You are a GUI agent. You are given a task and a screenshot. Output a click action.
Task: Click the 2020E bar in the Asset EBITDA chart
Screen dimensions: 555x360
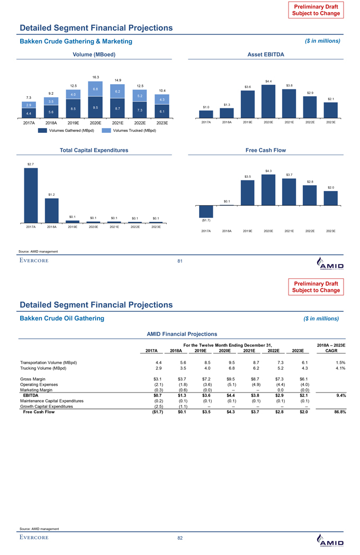[x=268, y=100]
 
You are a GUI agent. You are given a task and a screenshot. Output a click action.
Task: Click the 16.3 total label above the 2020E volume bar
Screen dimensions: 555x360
[x=96, y=77]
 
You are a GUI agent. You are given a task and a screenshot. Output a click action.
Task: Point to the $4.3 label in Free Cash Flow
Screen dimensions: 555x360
[x=268, y=170]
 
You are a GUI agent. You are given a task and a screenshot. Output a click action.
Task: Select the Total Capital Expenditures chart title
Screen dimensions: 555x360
[x=95, y=150]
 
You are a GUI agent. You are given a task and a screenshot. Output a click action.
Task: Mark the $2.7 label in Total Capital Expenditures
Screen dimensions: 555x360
[x=31, y=164]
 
